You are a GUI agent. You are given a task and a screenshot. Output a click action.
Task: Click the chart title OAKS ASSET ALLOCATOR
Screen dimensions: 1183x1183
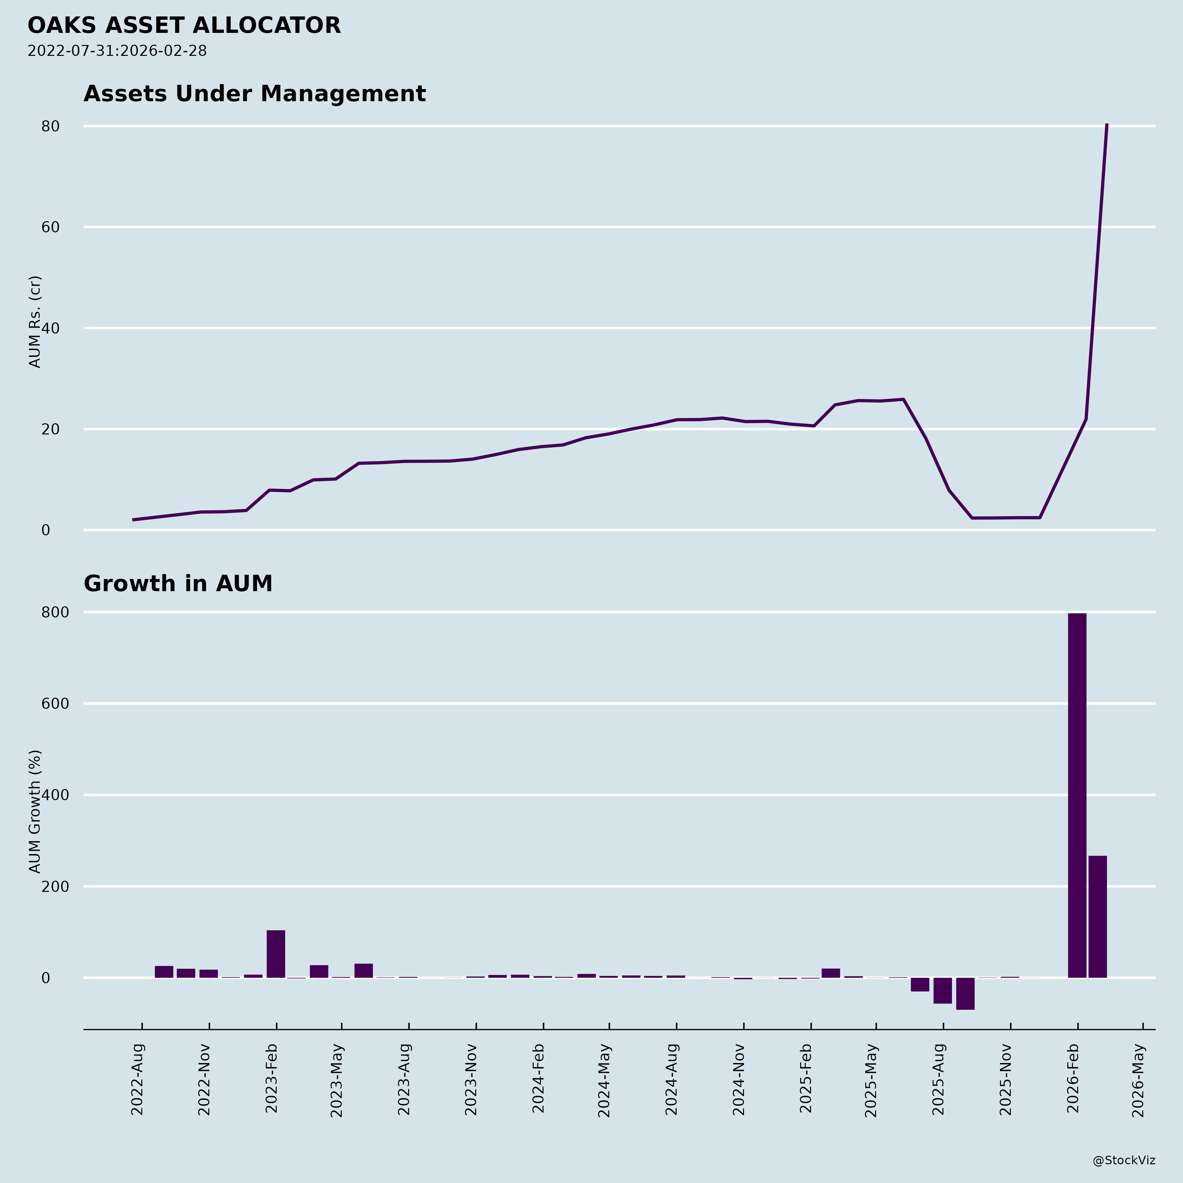click(x=184, y=26)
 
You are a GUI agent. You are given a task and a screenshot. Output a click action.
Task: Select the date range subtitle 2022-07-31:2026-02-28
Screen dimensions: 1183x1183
click(x=117, y=51)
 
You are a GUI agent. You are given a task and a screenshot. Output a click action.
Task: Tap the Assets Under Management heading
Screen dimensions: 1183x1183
click(x=254, y=94)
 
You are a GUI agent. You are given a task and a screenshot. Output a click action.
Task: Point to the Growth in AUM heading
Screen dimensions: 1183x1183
click(x=177, y=584)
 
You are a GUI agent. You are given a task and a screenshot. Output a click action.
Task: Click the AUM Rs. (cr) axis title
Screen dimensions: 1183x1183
click(x=35, y=321)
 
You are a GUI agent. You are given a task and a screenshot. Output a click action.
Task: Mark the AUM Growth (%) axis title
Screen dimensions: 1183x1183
click(x=35, y=811)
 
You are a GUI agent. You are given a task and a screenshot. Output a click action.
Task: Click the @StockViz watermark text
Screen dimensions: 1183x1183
click(x=1124, y=1160)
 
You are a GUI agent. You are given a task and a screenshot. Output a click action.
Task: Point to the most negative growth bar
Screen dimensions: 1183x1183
click(x=965, y=993)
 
